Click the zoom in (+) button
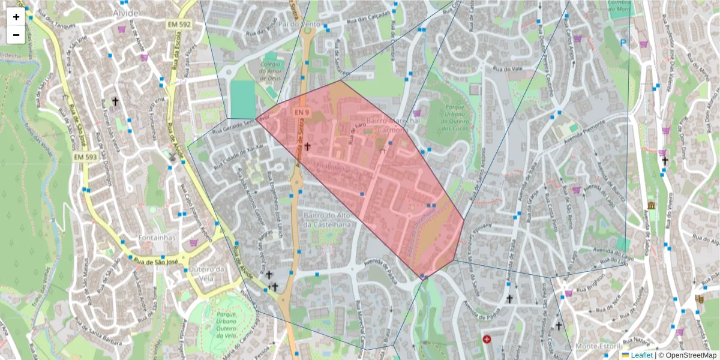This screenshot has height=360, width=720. pos(16,17)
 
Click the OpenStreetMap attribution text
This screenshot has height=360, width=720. pos(690,355)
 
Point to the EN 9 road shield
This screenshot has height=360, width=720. pos(301,112)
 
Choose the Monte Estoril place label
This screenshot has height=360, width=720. pos(596,347)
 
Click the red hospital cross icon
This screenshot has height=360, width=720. pos(487,339)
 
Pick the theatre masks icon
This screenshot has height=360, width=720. pos(699,298)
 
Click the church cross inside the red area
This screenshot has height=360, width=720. pos(307,146)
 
